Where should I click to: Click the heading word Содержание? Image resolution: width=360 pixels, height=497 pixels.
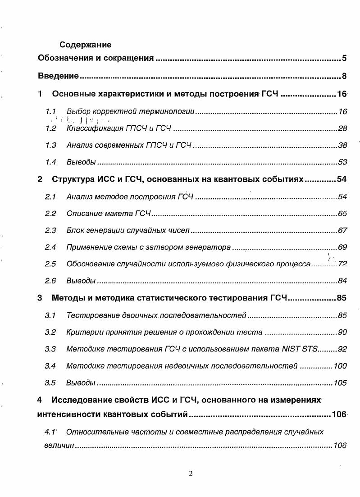pyautogui.click(x=85, y=45)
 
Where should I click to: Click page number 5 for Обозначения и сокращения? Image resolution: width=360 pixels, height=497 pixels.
pyautogui.click(x=344, y=58)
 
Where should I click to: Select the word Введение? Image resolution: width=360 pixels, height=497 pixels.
pyautogui.click(x=59, y=76)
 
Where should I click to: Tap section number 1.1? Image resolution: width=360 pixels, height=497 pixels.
pyautogui.click(x=50, y=111)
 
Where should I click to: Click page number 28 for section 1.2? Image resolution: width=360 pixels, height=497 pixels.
pyautogui.click(x=342, y=129)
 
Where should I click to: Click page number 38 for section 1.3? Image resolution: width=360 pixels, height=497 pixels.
pyautogui.click(x=342, y=146)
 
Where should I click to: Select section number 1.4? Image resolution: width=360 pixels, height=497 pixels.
pyautogui.click(x=50, y=162)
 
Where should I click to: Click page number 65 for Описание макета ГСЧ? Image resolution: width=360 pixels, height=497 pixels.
pyautogui.click(x=342, y=214)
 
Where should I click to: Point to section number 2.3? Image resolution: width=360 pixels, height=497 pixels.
pyautogui.click(x=50, y=231)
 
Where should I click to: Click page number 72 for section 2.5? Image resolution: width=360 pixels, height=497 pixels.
pyautogui.click(x=342, y=264)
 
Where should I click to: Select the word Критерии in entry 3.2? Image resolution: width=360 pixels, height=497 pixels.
pyautogui.click(x=82, y=333)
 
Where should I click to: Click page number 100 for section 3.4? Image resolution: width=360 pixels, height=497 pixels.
pyautogui.click(x=340, y=366)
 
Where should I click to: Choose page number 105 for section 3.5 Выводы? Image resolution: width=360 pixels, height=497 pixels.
pyautogui.click(x=340, y=383)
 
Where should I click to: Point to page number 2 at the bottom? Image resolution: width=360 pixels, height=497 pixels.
pyautogui.click(x=191, y=473)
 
